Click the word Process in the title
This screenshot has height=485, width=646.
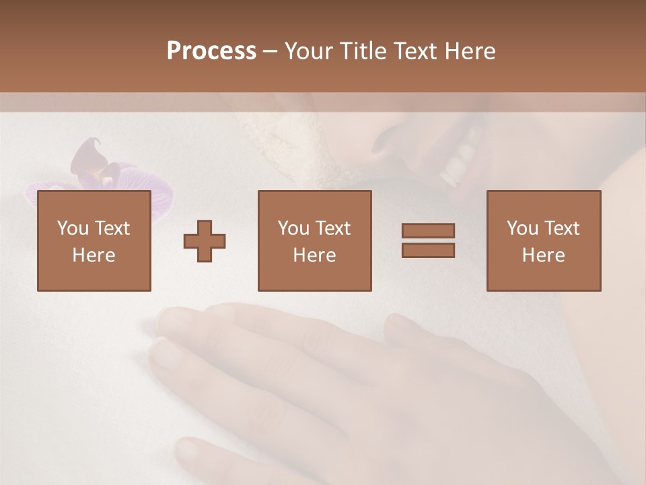point(211,51)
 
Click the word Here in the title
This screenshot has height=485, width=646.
point(468,51)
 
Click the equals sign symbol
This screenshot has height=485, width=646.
point(428,240)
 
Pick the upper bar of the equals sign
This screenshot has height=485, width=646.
point(428,230)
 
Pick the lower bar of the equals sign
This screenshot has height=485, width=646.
point(428,251)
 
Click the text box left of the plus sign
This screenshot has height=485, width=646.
point(94,240)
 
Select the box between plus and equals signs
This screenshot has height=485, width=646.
point(314,240)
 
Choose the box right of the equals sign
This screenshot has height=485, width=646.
point(543,240)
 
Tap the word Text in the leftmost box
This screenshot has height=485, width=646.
point(112,228)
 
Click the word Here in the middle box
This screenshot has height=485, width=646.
point(314,255)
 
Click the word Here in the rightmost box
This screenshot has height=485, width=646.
point(543,255)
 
